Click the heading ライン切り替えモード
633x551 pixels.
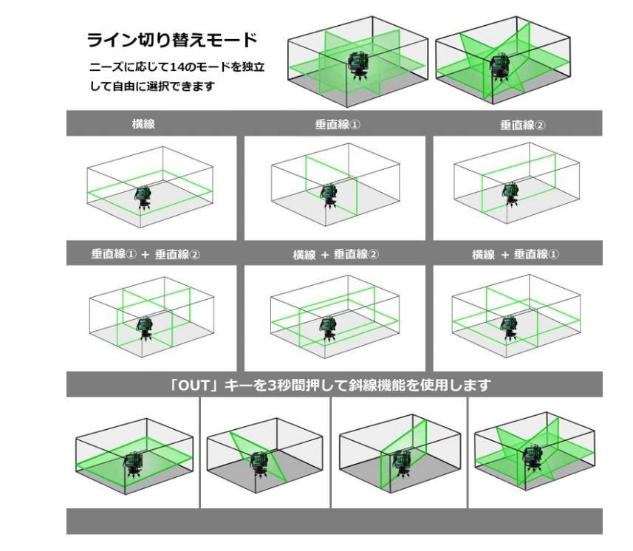(x=171, y=39)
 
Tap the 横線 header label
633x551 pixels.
(x=143, y=125)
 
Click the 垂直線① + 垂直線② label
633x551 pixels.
(x=146, y=254)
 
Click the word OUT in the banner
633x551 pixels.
(x=196, y=385)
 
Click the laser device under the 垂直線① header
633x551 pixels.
(x=327, y=196)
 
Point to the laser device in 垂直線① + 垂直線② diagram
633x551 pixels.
(x=146, y=327)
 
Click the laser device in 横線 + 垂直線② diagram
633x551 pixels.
(x=327, y=327)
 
